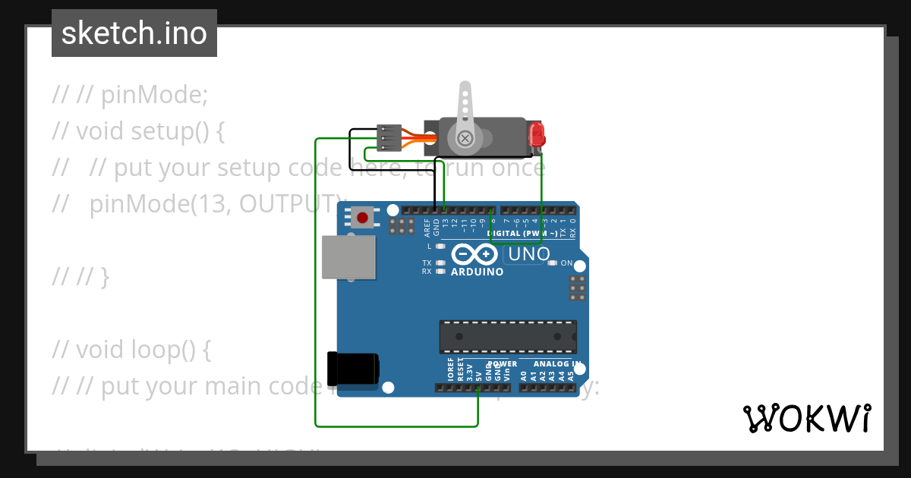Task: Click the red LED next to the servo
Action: (x=537, y=135)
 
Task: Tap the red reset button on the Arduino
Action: (x=362, y=219)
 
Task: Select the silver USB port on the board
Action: (x=348, y=256)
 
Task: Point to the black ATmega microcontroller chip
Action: (x=507, y=337)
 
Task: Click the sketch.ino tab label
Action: (x=134, y=33)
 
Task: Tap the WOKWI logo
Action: (x=806, y=418)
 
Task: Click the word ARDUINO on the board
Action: (x=477, y=272)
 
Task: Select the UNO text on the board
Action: (x=528, y=254)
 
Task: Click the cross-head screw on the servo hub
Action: (x=465, y=139)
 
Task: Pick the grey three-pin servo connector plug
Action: (x=388, y=138)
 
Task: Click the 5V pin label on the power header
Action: (x=479, y=373)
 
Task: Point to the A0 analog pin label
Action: (x=524, y=374)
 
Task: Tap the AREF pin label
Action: (x=427, y=227)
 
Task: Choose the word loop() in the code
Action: (x=172, y=350)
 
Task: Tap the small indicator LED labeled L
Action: (x=440, y=247)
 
